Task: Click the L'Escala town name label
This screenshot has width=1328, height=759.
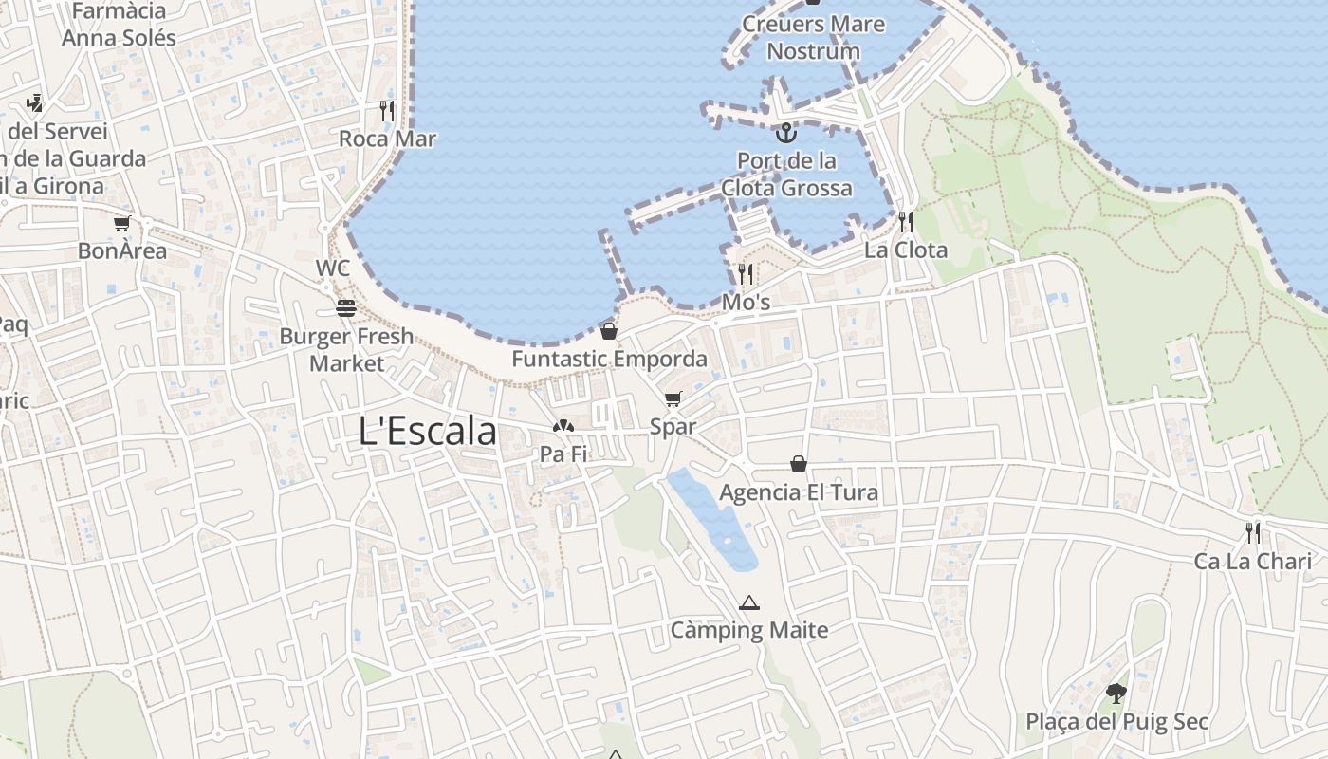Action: [x=428, y=432]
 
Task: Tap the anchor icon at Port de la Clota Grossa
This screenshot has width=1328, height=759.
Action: [x=785, y=132]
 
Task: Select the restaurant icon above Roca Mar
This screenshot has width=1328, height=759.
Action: [x=387, y=111]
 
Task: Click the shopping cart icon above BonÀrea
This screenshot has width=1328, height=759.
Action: [x=121, y=224]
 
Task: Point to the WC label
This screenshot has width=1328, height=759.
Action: [x=333, y=268]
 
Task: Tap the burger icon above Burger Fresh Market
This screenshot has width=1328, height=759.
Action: [x=345, y=307]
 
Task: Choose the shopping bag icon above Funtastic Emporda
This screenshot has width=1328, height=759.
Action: [x=609, y=331]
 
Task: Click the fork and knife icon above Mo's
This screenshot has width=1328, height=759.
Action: [x=746, y=274]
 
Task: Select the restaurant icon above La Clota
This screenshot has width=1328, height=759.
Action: [x=906, y=222]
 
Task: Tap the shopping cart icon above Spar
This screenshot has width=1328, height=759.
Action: [x=673, y=398]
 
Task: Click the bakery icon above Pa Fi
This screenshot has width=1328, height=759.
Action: [x=563, y=427]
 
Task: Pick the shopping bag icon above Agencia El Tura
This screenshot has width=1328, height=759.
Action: [x=799, y=464]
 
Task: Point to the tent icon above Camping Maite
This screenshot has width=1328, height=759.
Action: [x=749, y=602]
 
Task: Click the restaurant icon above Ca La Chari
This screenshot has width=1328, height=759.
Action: [x=1253, y=532]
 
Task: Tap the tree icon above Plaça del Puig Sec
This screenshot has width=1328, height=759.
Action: [x=1116, y=694]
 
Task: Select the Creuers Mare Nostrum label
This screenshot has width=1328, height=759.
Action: [x=813, y=37]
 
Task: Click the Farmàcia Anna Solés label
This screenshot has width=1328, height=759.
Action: [x=120, y=25]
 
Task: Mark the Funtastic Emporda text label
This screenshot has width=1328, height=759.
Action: [x=609, y=360]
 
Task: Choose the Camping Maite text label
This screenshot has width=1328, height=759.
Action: [x=749, y=630]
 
